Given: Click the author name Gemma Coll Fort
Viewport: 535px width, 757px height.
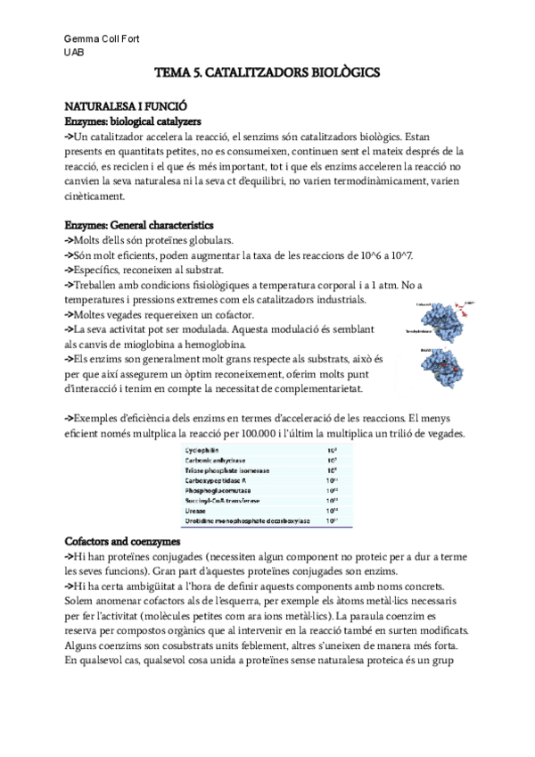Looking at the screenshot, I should coord(102,39).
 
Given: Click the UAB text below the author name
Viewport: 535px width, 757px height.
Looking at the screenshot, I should coord(75,53).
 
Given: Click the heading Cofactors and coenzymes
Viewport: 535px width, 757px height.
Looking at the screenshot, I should coord(123,542).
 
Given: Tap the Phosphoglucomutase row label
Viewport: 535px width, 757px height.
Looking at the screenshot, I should coord(219,490).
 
